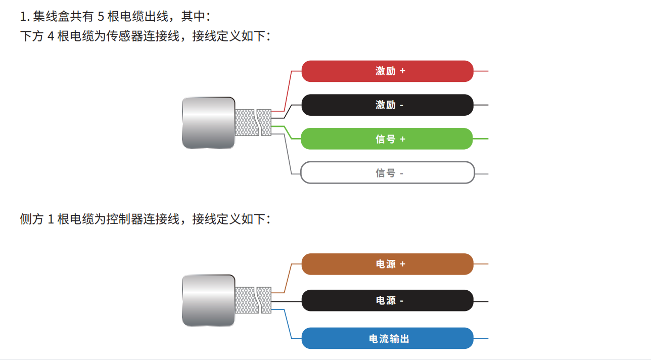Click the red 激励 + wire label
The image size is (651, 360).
387,71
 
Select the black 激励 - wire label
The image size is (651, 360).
387,105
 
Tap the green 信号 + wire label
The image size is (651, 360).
387,139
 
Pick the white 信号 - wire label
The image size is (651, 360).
387,173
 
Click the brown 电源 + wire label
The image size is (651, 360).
387,264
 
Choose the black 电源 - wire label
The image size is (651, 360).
387,301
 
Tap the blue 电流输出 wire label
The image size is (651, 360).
387,339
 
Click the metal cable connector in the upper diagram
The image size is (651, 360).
208,122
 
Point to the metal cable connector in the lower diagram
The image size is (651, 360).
208,300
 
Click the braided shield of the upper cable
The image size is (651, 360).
253,122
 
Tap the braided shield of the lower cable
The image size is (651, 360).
253,300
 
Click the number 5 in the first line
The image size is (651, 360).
100,17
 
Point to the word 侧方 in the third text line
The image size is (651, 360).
32,219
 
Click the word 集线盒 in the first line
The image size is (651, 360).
51,17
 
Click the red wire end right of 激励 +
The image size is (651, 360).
481,71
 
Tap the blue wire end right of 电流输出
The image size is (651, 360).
481,338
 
